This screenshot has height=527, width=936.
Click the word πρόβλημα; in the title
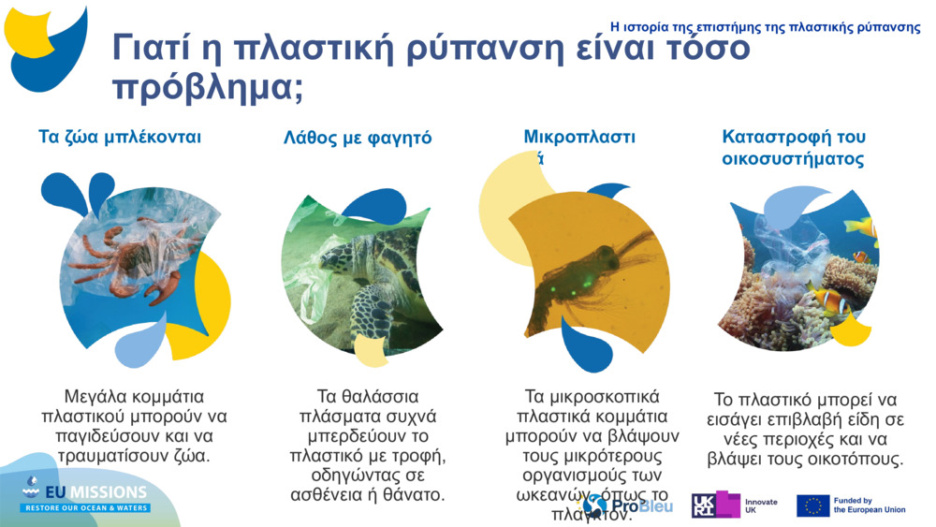207,87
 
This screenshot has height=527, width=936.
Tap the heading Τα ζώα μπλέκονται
120,138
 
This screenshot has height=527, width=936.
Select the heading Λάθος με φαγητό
358,139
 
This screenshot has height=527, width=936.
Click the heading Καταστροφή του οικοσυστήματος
792,148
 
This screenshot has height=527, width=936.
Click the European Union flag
812,506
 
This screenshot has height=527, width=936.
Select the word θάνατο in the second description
416,494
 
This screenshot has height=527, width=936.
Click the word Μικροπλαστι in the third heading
579,138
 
